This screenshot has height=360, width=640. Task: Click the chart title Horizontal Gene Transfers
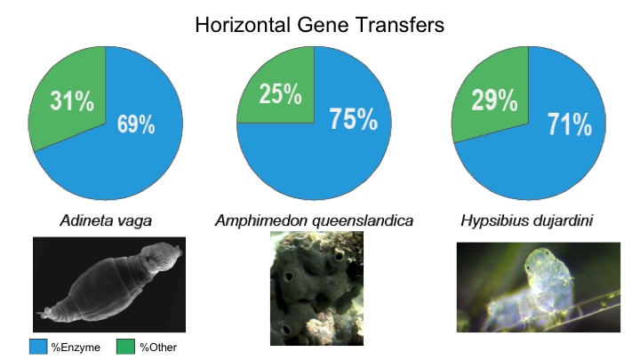tap(320, 25)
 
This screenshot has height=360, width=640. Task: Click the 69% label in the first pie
tap(136, 124)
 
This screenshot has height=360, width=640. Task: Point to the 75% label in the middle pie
tap(354, 119)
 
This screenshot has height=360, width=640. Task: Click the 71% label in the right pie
tap(570, 124)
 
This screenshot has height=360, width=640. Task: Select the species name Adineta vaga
tap(106, 220)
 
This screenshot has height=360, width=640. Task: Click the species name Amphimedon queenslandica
tap(314, 220)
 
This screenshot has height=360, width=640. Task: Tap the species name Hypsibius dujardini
tap(526, 220)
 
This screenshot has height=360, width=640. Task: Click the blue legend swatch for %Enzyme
tap(38, 347)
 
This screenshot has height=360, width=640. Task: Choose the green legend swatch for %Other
tap(125, 347)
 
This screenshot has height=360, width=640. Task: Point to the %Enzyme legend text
tap(76, 348)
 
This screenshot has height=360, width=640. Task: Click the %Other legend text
tap(158, 348)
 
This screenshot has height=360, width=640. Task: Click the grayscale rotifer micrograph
tap(109, 284)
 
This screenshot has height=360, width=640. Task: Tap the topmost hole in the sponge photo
tap(339, 257)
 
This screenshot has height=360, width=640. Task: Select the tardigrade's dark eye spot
tap(529, 268)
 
